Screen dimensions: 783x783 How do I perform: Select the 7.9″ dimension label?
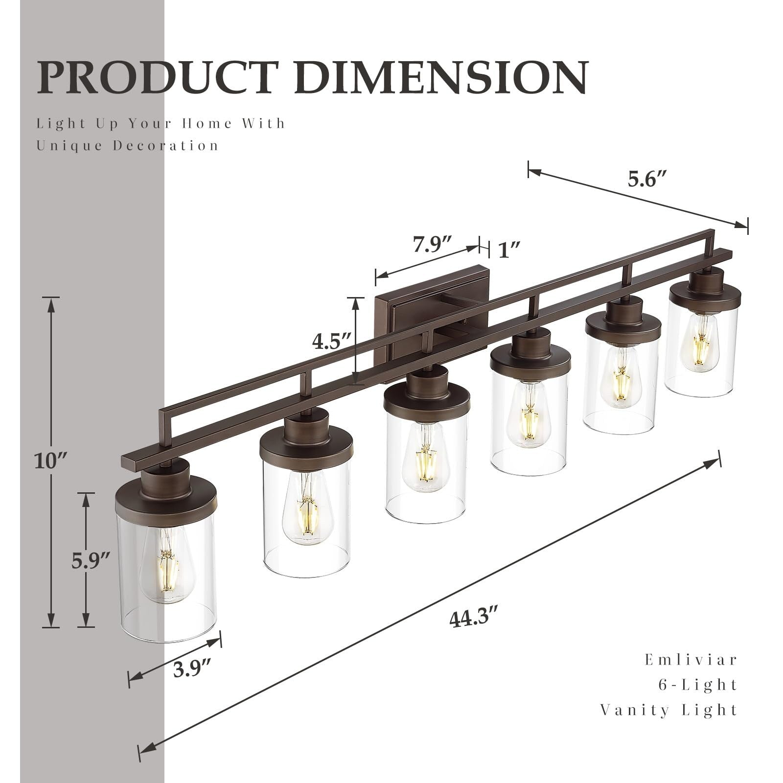pyautogui.click(x=432, y=244)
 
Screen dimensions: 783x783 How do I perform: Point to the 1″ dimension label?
pyautogui.click(x=508, y=251)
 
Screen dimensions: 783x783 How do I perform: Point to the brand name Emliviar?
pyautogui.click(x=691, y=660)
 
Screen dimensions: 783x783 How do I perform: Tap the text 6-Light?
pyautogui.click(x=697, y=685)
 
